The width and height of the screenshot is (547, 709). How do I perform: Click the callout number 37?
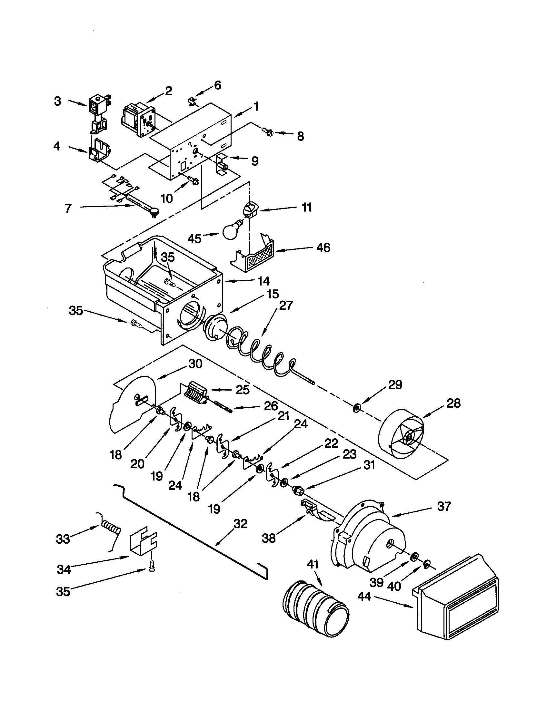click(444, 506)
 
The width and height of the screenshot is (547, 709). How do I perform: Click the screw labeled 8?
click(267, 131)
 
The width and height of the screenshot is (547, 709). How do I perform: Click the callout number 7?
click(67, 208)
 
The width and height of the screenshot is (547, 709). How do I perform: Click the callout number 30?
click(195, 364)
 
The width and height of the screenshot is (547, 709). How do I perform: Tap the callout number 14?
click(264, 281)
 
